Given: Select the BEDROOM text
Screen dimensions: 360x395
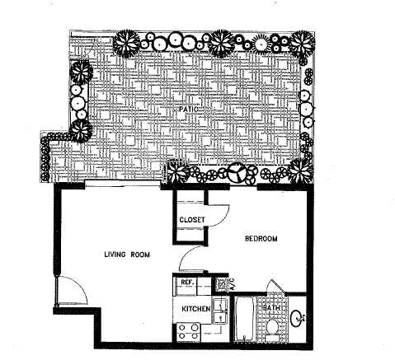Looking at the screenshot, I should pos(261,239).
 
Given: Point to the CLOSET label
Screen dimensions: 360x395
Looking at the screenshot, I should pos(192,220).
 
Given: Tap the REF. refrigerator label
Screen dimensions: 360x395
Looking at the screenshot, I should pos(186,283).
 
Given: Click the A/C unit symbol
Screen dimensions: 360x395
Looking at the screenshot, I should pos(223,283).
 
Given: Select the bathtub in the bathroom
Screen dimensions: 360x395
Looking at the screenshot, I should pos(246,321).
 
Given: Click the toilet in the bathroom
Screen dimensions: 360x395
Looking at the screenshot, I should pos(274,327).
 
